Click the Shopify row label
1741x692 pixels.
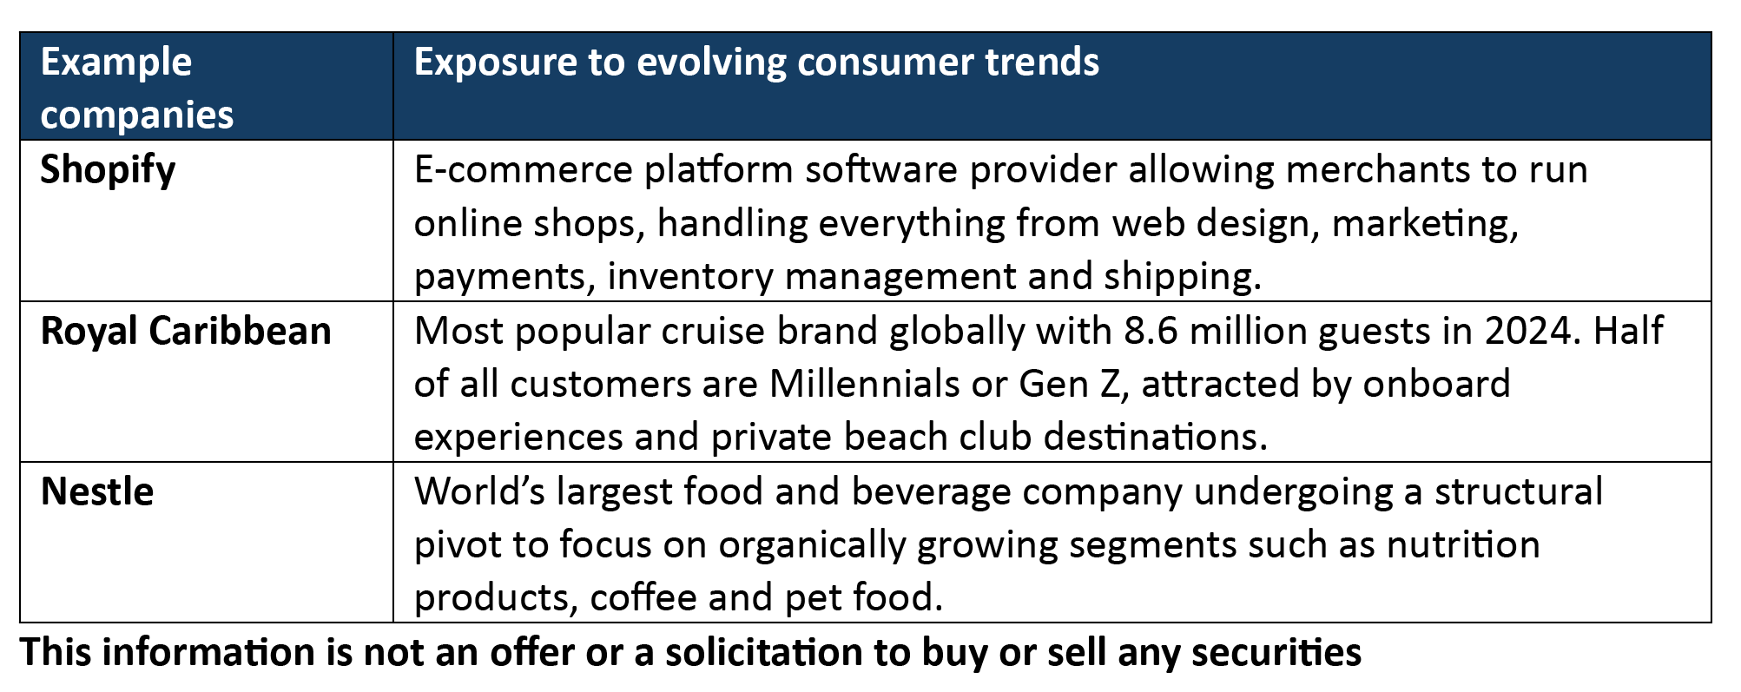coord(108,170)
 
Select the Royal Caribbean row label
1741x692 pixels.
coord(186,332)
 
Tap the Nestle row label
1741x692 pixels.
coord(97,491)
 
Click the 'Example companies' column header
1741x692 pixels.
coord(137,88)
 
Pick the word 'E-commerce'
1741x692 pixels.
coord(524,170)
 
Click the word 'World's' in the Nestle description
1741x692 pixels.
coord(479,491)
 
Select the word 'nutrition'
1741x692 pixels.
coord(1463,545)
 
